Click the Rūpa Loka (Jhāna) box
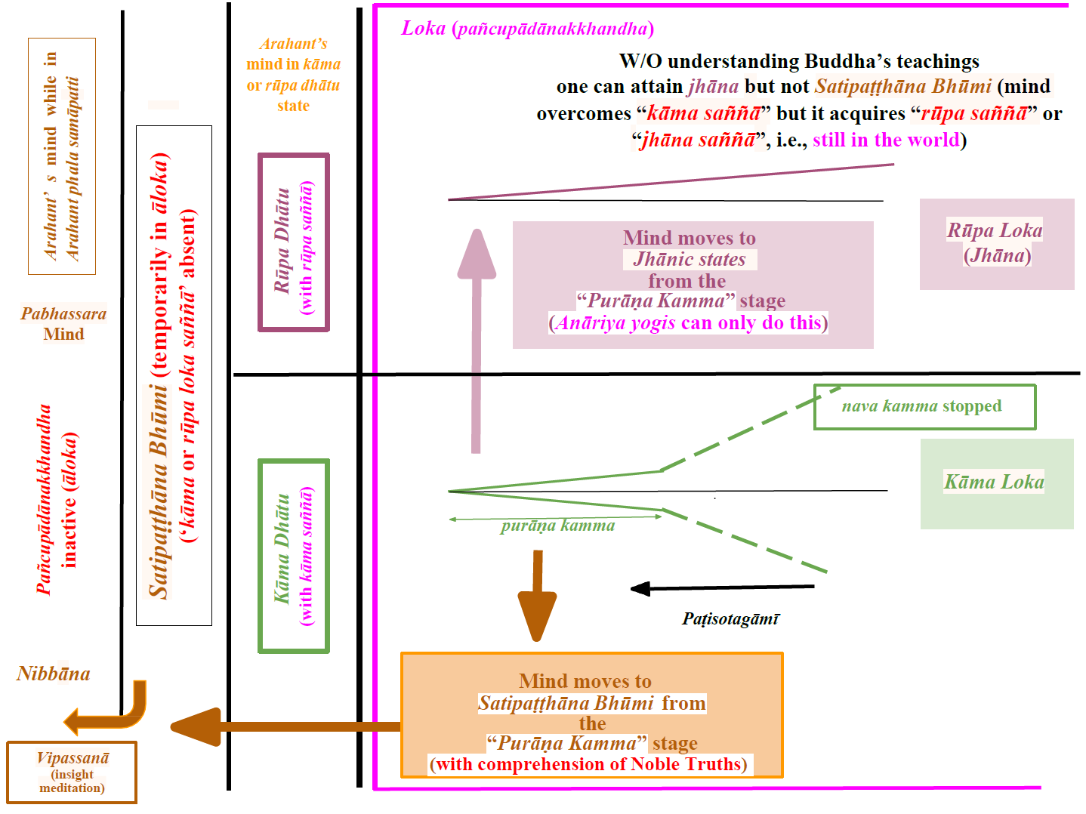pos(996,243)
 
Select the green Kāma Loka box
pos(996,483)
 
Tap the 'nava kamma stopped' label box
pos(924,407)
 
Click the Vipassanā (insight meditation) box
pos(72,772)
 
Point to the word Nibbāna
pos(54,674)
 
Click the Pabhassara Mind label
pos(63,324)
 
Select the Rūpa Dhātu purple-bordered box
pos(294,242)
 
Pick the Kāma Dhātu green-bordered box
pos(294,556)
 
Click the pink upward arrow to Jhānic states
pos(477,340)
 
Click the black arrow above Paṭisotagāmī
pos(721,587)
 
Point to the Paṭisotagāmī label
pos(730,619)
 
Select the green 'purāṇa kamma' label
pos(557,526)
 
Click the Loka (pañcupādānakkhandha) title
pos(527,29)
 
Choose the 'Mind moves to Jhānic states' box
pos(693,284)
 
